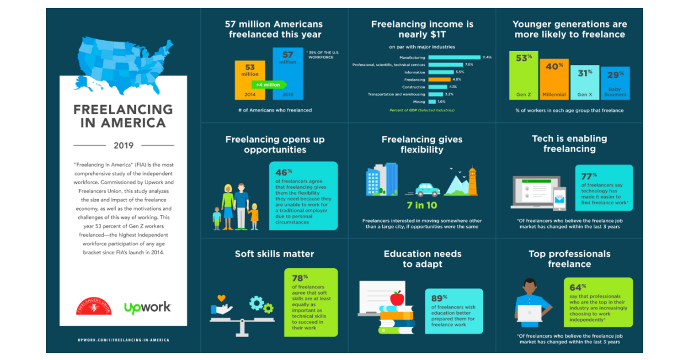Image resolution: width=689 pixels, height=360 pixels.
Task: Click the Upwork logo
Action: [x=148, y=307]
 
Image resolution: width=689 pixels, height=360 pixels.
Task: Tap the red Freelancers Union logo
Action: [x=94, y=305]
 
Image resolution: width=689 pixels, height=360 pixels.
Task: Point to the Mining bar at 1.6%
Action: [x=432, y=101]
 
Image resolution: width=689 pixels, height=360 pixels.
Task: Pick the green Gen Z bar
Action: [x=523, y=75]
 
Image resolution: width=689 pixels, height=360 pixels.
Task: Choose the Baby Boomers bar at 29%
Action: [x=615, y=83]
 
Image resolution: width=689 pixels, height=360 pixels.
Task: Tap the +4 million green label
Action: [x=268, y=85]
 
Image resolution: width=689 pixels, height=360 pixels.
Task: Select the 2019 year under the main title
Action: [x=123, y=145]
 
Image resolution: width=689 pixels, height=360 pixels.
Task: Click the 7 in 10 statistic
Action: [x=422, y=205]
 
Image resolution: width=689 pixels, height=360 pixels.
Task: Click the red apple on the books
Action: [x=396, y=298]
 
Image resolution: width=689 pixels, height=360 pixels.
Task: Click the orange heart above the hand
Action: [x=222, y=299]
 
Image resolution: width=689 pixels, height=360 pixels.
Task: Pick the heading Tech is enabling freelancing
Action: [x=570, y=144]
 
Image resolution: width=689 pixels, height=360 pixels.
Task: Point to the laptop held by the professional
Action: [x=529, y=313]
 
